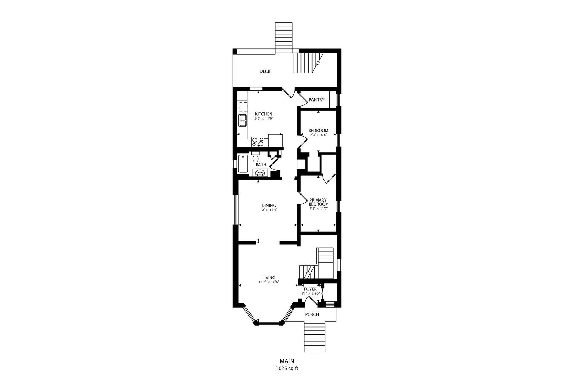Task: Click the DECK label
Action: point(265,71)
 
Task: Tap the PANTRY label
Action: point(316,100)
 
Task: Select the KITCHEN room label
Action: point(263,114)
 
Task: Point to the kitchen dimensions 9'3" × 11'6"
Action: point(263,119)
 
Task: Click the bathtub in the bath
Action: point(243,163)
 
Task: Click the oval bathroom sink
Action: point(260,173)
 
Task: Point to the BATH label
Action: point(261,165)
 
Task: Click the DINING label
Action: point(269,206)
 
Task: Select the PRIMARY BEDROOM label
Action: point(318,202)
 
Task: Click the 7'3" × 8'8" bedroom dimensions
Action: point(318,135)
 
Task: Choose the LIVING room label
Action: point(269,278)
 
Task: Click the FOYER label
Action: point(310,289)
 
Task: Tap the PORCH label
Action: point(312,314)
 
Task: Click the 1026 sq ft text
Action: point(287,369)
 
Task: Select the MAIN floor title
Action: point(287,361)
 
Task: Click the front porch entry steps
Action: point(315,337)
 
